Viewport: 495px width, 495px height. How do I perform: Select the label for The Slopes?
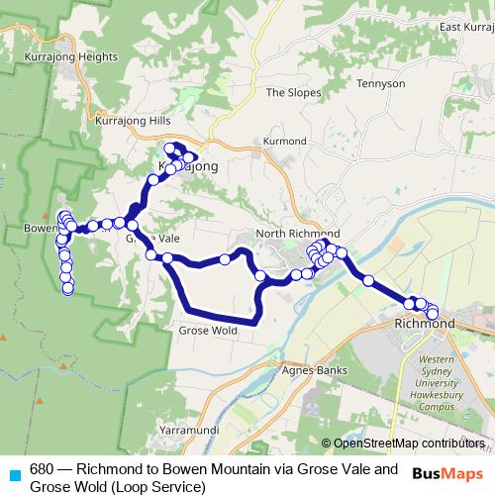point(294,92)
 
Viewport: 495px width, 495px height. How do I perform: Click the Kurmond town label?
point(285,142)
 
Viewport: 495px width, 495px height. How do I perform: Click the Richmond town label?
point(424,324)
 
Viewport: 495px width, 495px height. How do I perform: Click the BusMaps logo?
point(446,474)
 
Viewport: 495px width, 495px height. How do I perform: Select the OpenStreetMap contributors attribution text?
point(409,443)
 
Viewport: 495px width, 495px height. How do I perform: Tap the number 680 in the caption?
point(41,469)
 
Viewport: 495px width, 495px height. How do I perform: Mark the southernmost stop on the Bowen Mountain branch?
point(68,289)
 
